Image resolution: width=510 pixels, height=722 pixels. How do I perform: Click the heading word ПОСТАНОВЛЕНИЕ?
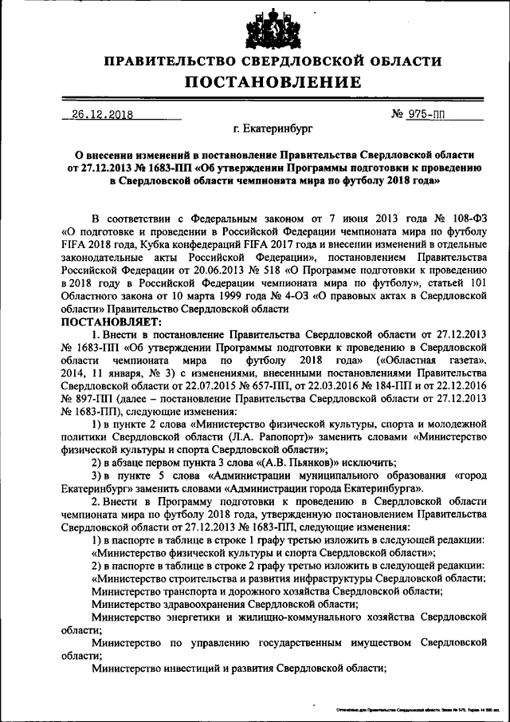[273, 82]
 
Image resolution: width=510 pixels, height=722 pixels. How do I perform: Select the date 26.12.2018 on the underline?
[101, 115]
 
